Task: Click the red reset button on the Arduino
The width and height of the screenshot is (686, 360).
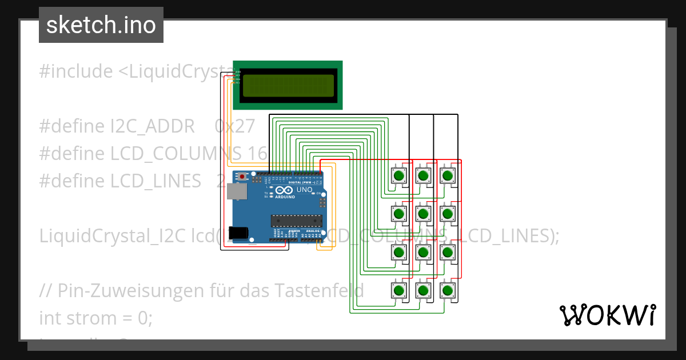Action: pyautogui.click(x=242, y=177)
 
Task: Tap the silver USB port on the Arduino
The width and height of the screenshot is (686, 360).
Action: pyautogui.click(x=234, y=191)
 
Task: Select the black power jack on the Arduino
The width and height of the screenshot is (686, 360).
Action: pyautogui.click(x=238, y=233)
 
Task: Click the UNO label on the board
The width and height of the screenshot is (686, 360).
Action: pyautogui.click(x=304, y=190)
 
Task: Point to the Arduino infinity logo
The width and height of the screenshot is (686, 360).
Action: pyautogui.click(x=284, y=190)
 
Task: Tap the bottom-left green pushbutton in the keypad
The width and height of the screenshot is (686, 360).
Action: pyautogui.click(x=398, y=290)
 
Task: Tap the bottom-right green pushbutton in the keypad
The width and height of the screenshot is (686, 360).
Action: pyautogui.click(x=448, y=290)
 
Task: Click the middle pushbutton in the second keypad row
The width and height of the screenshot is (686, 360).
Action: pyautogui.click(x=423, y=214)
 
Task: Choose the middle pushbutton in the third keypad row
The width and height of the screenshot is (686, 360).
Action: pyautogui.click(x=423, y=252)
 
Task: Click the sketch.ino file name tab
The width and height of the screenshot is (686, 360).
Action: pyautogui.click(x=101, y=25)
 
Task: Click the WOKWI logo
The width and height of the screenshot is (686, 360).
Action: pyautogui.click(x=607, y=315)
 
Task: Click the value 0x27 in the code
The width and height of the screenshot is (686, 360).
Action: pyautogui.click(x=234, y=126)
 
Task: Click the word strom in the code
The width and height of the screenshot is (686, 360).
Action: pyautogui.click(x=90, y=318)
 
